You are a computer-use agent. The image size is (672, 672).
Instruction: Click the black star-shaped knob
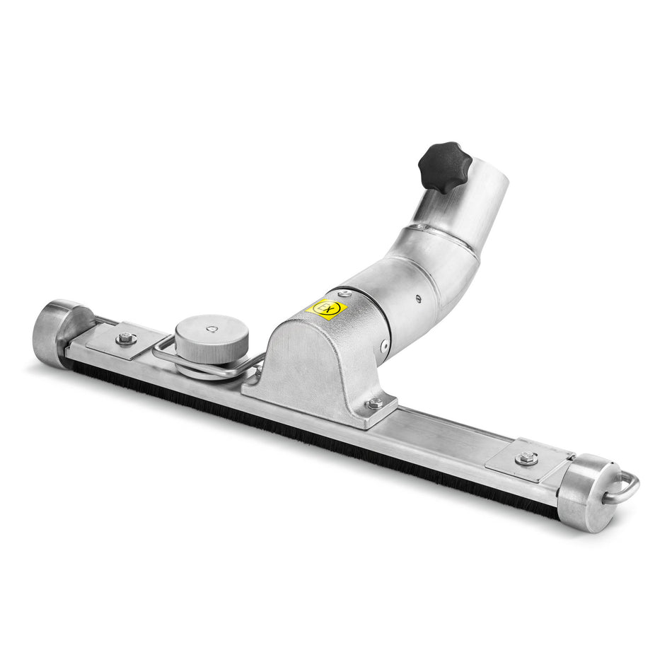(444, 167)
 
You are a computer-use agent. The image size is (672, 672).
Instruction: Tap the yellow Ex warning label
(327, 309)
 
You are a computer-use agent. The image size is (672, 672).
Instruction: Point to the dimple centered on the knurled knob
(211, 329)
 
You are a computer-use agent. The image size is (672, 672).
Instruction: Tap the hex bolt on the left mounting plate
(127, 340)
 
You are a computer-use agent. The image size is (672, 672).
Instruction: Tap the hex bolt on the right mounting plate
(525, 458)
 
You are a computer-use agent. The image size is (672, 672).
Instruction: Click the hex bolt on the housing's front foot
(374, 403)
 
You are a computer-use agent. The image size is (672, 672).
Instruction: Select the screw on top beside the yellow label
(344, 294)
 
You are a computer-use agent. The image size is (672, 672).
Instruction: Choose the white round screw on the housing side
(384, 347)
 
